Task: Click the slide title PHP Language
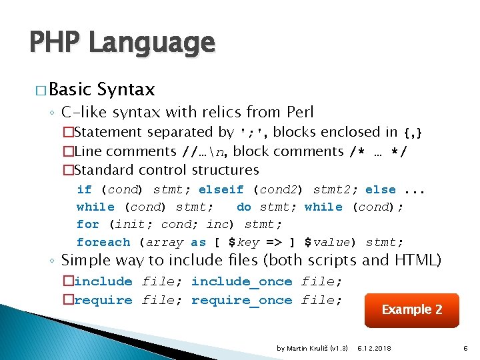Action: click(x=122, y=43)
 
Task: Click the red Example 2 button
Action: click(x=411, y=310)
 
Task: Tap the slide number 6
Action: click(x=466, y=349)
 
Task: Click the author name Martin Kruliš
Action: click(x=307, y=349)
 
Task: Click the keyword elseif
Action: click(x=221, y=190)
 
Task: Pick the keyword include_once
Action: click(x=241, y=282)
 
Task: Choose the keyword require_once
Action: click(x=241, y=300)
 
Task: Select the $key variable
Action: click(x=243, y=242)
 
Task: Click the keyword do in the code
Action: click(x=244, y=207)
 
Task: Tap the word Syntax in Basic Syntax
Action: click(x=126, y=89)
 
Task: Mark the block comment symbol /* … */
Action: click(x=379, y=151)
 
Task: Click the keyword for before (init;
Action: click(x=88, y=225)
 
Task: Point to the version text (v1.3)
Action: click(x=340, y=349)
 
